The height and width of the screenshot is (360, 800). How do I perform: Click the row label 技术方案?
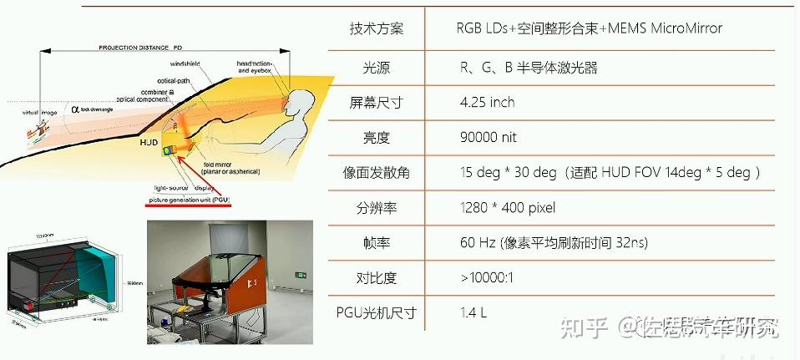tap(376, 29)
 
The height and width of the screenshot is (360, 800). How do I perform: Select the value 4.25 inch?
tap(487, 102)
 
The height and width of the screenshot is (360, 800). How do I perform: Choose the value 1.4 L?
tap(473, 312)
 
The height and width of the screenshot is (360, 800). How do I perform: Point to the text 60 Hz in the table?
tap(478, 242)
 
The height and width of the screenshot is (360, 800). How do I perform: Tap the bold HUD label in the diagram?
tap(149, 143)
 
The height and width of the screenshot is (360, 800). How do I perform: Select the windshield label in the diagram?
tap(185, 63)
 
